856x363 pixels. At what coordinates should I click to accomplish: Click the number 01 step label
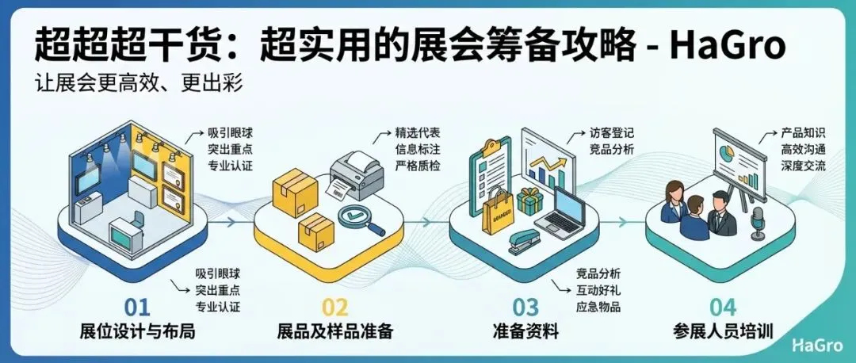click(137, 307)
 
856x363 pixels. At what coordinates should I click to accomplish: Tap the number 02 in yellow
click(335, 307)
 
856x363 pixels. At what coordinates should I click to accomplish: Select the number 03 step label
click(526, 307)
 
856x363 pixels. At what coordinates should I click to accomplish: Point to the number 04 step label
click(722, 307)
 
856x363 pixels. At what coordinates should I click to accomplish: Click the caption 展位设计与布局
click(137, 331)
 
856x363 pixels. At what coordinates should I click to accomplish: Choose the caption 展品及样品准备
click(335, 331)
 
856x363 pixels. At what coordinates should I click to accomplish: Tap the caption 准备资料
click(525, 331)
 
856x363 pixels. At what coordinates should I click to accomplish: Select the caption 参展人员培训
click(722, 331)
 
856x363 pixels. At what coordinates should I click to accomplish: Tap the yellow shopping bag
click(499, 209)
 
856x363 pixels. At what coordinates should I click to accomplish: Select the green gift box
click(529, 200)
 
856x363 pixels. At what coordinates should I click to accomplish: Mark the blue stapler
click(522, 240)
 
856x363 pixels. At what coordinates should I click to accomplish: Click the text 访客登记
click(612, 132)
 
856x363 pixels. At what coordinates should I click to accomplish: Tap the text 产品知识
click(803, 132)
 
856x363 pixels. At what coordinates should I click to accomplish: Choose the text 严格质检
click(418, 166)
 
